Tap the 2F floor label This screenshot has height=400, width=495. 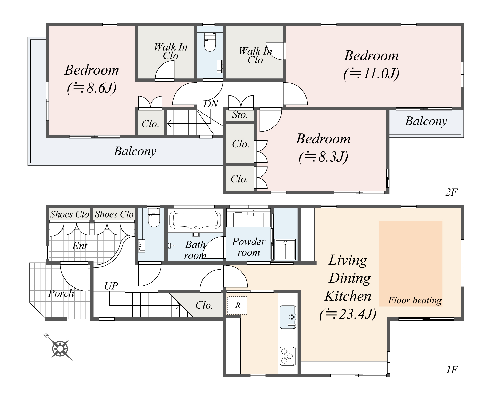(451, 192)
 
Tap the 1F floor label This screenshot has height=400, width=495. (452, 370)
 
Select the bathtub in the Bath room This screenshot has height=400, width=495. (195, 220)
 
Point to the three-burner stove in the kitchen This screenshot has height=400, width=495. (287, 356)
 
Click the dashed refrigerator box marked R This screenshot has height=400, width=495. (237, 305)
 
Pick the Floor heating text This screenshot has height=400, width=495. (415, 300)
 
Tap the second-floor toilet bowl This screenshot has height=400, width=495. (210, 43)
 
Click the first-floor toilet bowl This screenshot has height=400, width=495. (154, 219)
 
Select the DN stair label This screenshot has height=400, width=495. (211, 104)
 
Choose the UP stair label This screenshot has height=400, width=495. (111, 286)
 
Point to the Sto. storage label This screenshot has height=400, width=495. (240, 115)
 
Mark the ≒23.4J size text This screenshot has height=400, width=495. (348, 314)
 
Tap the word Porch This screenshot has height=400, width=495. (61, 293)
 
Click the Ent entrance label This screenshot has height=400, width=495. (80, 246)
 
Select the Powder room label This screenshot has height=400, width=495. (249, 247)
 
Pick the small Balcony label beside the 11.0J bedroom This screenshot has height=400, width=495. (426, 121)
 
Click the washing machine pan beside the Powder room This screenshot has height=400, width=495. (285, 249)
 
